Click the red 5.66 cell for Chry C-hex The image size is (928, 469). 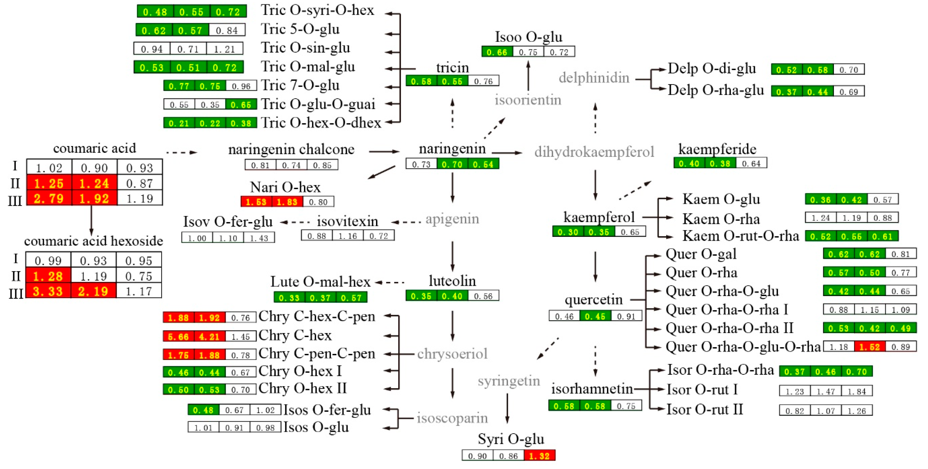click(x=178, y=337)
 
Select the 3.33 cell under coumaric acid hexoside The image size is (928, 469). click(x=48, y=291)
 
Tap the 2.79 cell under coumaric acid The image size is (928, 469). click(x=49, y=198)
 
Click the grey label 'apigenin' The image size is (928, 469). click(x=452, y=219)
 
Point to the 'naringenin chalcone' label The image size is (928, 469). click(x=291, y=149)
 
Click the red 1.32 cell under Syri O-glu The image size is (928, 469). click(x=539, y=456)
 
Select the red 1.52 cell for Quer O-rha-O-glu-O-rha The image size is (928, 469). click(x=869, y=347)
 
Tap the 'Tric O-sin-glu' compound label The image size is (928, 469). click(x=305, y=48)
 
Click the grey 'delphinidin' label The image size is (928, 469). click(x=594, y=77)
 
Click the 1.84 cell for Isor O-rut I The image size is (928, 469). click(x=857, y=391)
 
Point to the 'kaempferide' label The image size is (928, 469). click(x=717, y=149)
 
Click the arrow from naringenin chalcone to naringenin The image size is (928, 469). click(x=384, y=151)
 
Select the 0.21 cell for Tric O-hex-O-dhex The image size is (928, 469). click(x=179, y=123)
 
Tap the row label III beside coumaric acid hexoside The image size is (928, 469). click(x=16, y=293)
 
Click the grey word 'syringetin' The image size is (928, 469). click(x=509, y=381)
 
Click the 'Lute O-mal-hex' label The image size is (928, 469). click(x=320, y=281)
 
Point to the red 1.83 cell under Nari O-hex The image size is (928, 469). click(x=287, y=202)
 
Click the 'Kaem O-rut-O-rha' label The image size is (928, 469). click(x=740, y=236)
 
